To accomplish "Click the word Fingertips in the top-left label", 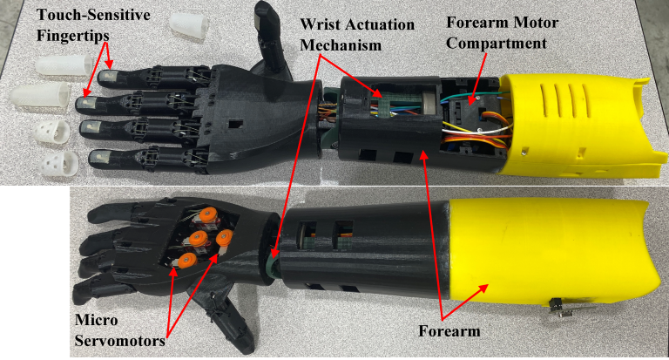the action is (x=73, y=37).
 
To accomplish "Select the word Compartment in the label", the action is (x=497, y=44).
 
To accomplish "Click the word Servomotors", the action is (x=119, y=341).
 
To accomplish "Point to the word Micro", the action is (x=96, y=320).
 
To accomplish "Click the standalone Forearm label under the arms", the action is (x=449, y=331).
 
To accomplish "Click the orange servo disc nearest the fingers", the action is (x=209, y=213).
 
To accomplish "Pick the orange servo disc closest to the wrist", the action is (x=225, y=237).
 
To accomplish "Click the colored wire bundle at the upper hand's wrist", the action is (x=326, y=114).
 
